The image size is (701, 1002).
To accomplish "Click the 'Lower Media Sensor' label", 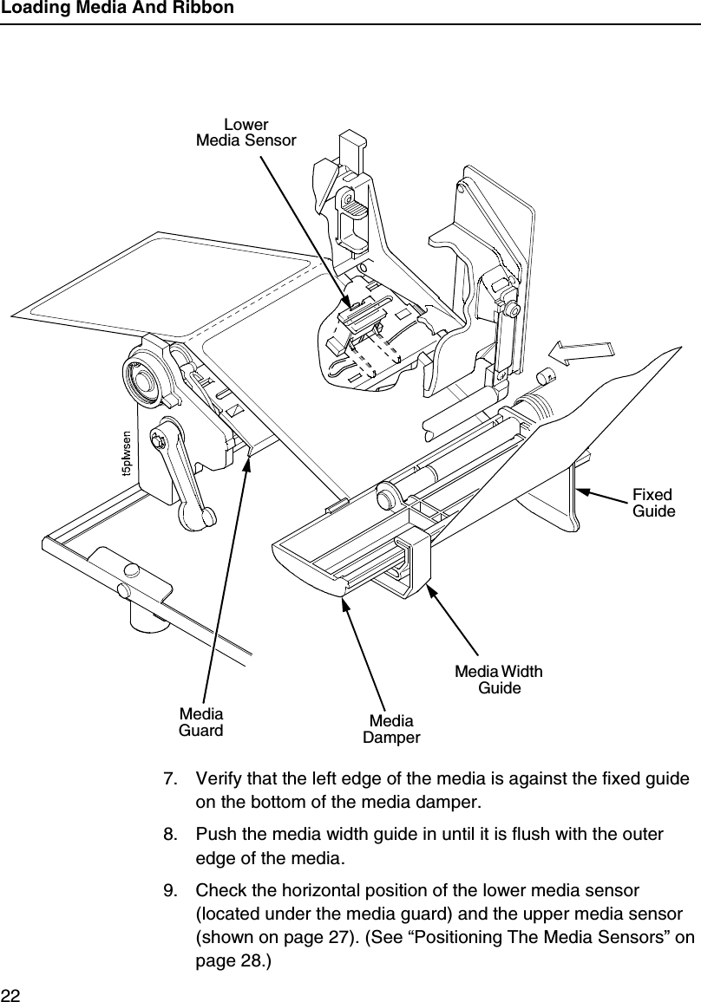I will coord(246,132).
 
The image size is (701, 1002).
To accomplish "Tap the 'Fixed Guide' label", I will coord(652,503).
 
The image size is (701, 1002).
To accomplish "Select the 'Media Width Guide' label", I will coord(500,680).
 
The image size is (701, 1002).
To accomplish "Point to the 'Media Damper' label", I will coord(390,730).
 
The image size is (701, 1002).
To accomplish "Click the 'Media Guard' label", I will coord(200,722).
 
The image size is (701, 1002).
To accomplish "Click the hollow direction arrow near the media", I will coord(581,354).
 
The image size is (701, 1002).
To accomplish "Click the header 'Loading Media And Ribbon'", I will coord(117,9).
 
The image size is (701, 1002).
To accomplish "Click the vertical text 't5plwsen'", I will coord(127,455).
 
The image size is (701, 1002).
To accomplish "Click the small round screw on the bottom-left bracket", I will coord(133,570).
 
